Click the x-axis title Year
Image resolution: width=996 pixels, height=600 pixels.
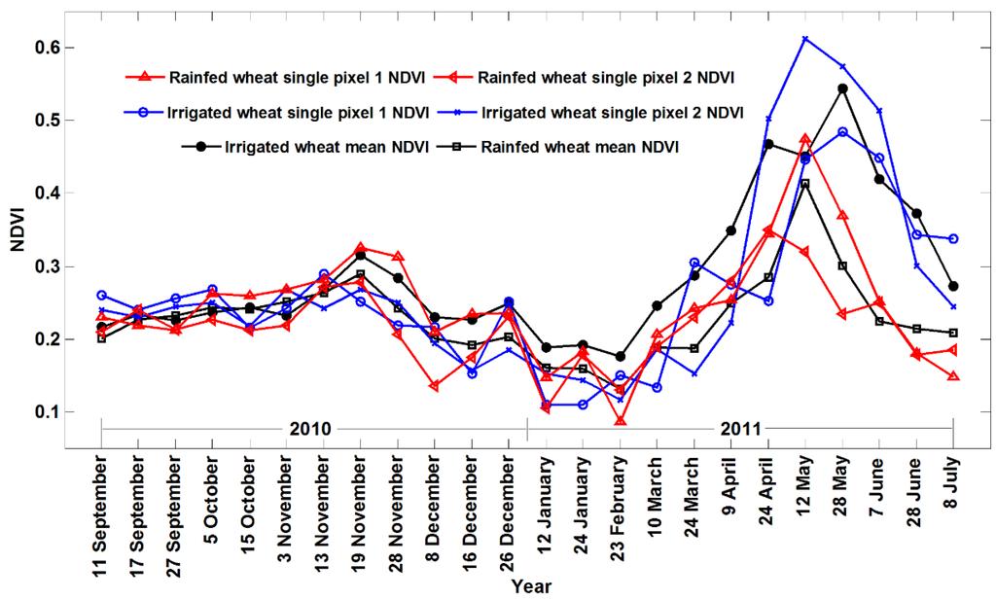(x=533, y=586)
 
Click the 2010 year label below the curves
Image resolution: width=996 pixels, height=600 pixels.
(x=310, y=428)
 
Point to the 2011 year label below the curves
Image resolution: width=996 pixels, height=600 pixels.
(x=740, y=428)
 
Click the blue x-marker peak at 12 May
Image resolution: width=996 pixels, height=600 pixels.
(x=805, y=39)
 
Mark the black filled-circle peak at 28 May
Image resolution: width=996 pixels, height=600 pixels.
(x=842, y=88)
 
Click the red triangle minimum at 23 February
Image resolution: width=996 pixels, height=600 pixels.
(x=620, y=421)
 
